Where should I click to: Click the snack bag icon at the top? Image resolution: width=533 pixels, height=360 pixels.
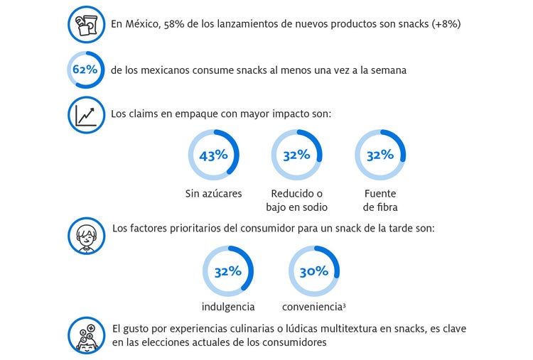click(x=86, y=24)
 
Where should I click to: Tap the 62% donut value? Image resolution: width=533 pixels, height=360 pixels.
click(x=85, y=70)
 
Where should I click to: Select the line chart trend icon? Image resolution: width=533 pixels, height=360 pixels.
click(x=86, y=114)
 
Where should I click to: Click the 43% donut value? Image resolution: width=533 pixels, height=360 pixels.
click(x=212, y=155)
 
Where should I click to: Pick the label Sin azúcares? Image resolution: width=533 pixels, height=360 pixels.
click(x=213, y=194)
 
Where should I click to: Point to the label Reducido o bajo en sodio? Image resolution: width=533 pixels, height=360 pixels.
click(x=296, y=200)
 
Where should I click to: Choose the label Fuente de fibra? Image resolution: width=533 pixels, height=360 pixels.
click(x=379, y=200)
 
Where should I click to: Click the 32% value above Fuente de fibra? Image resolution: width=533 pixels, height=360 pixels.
click(x=379, y=155)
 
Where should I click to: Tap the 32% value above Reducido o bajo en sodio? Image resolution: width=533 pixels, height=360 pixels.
click(x=296, y=155)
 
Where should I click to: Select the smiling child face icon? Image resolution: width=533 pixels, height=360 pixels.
click(x=86, y=234)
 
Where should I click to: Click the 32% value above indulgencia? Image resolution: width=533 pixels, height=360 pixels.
click(x=228, y=271)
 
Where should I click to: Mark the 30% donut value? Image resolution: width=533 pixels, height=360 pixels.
click(x=313, y=271)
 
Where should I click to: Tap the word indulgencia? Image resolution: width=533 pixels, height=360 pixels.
click(x=228, y=307)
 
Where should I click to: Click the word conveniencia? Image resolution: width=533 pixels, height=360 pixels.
click(x=311, y=307)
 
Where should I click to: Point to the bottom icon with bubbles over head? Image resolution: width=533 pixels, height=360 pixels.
click(x=86, y=335)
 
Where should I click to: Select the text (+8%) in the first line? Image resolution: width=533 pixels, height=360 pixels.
click(x=446, y=23)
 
